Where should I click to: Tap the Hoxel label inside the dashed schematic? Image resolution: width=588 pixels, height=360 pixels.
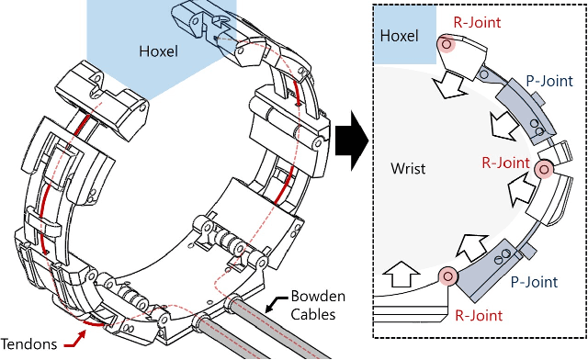coord(399,36)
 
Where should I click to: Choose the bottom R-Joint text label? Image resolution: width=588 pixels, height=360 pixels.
coord(478,316)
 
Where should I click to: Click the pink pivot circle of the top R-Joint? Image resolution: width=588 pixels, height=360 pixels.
coord(446,44)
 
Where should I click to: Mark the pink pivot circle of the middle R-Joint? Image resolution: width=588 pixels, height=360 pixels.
coord(543,168)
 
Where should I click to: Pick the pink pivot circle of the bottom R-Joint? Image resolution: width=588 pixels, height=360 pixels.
coord(447,276)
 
